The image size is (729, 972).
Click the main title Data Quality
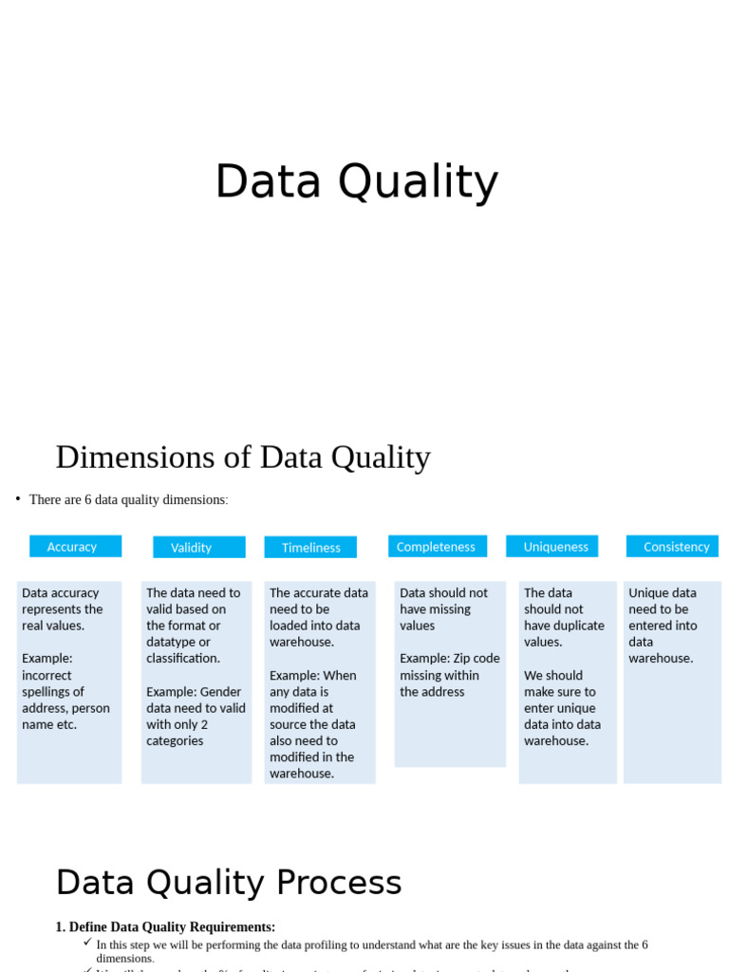point(356,181)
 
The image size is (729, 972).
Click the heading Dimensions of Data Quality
point(243,457)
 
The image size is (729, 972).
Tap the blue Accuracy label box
point(75,547)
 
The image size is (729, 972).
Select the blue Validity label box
point(198,548)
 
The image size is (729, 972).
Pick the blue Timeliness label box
point(310,548)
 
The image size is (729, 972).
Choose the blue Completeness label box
point(437,547)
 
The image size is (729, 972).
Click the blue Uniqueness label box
point(551,547)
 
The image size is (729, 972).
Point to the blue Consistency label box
point(672,547)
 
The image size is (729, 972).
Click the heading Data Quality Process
point(229,883)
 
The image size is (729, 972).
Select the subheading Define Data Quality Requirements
point(172,927)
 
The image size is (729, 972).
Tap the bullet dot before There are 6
point(18,498)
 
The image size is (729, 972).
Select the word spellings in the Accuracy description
point(53,692)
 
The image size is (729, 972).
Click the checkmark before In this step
point(87,943)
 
